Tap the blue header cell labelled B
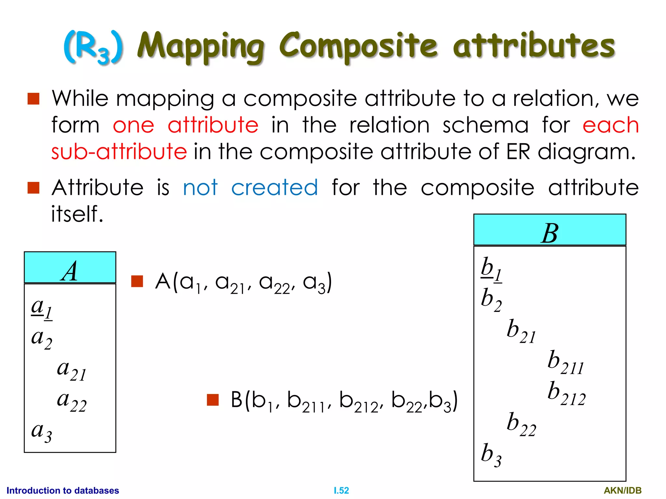pyautogui.click(x=550, y=230)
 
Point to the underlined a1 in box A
pyautogui.click(x=42, y=308)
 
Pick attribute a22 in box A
pyautogui.click(x=72, y=401)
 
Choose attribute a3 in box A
pyautogui.click(x=42, y=432)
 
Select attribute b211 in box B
pyautogui.click(x=566, y=362)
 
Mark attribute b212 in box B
pyautogui.click(x=566, y=393)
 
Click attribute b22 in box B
pyautogui.click(x=521, y=424)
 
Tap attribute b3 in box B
pyautogui.click(x=491, y=455)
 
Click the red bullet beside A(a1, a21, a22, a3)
pyautogui.click(x=137, y=281)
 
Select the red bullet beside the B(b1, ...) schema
pyautogui.click(x=213, y=400)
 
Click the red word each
pyautogui.click(x=610, y=125)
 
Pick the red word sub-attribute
pyautogui.click(x=119, y=152)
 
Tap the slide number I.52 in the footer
pyautogui.click(x=341, y=490)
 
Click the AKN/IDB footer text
pyautogui.click(x=622, y=490)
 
